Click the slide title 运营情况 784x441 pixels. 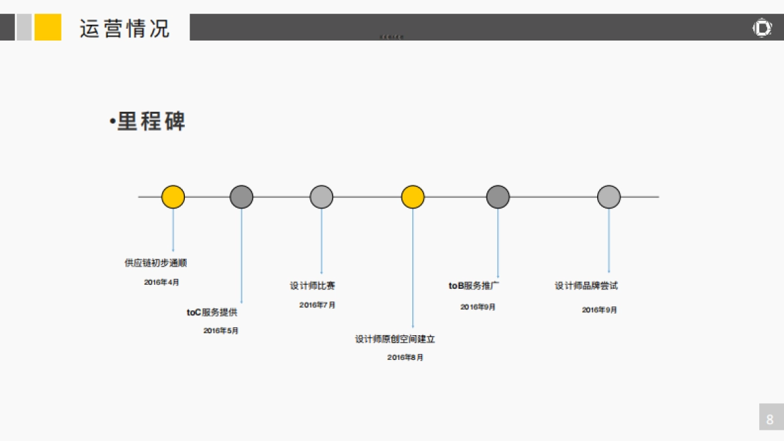point(124,29)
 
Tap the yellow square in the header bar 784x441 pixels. point(48,27)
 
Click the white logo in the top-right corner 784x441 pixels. point(762,28)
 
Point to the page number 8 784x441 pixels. point(770,419)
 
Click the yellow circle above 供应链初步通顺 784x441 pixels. point(173,197)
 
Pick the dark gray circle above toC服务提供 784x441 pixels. point(242,197)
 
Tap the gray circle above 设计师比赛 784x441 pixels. point(321,197)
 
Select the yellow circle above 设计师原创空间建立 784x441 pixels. point(413,197)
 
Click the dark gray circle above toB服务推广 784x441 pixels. point(498,197)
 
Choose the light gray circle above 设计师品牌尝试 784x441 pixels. point(609,197)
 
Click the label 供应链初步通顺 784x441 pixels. point(155,263)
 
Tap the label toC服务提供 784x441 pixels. point(212,312)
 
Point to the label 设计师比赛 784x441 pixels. point(312,286)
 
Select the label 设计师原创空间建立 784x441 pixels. point(395,339)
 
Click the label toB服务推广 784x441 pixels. point(474,286)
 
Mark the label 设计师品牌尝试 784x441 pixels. point(586,286)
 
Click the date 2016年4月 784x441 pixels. point(161,282)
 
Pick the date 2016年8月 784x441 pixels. point(405,357)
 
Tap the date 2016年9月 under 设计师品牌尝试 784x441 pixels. point(599,310)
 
